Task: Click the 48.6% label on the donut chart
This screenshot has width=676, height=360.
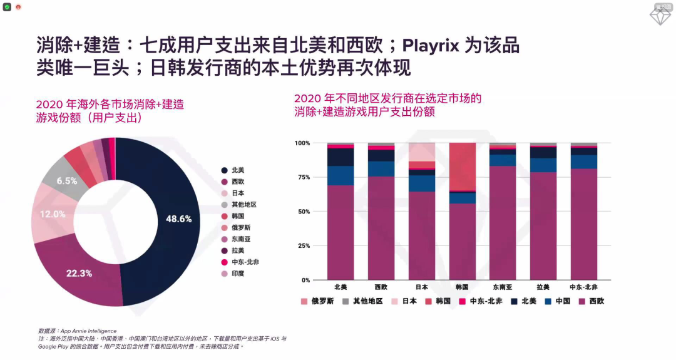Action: tap(178, 219)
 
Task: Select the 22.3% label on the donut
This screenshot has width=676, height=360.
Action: tap(79, 273)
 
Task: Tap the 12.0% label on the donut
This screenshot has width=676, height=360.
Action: tap(53, 214)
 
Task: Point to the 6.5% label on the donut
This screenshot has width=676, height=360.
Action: tap(67, 181)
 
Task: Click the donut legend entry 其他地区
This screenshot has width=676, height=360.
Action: tap(244, 205)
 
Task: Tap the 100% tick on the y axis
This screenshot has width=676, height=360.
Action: tap(302, 143)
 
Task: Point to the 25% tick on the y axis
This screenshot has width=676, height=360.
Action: tap(304, 246)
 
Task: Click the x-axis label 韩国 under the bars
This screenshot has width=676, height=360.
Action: tap(462, 287)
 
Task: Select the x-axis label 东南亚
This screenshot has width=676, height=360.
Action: tap(503, 287)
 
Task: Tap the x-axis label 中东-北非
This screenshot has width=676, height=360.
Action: tap(583, 287)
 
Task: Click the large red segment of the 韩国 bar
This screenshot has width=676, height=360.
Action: tap(462, 166)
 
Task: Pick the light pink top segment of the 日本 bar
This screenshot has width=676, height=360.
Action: tap(421, 152)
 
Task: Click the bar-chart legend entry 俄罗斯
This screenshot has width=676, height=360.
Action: tap(319, 301)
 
